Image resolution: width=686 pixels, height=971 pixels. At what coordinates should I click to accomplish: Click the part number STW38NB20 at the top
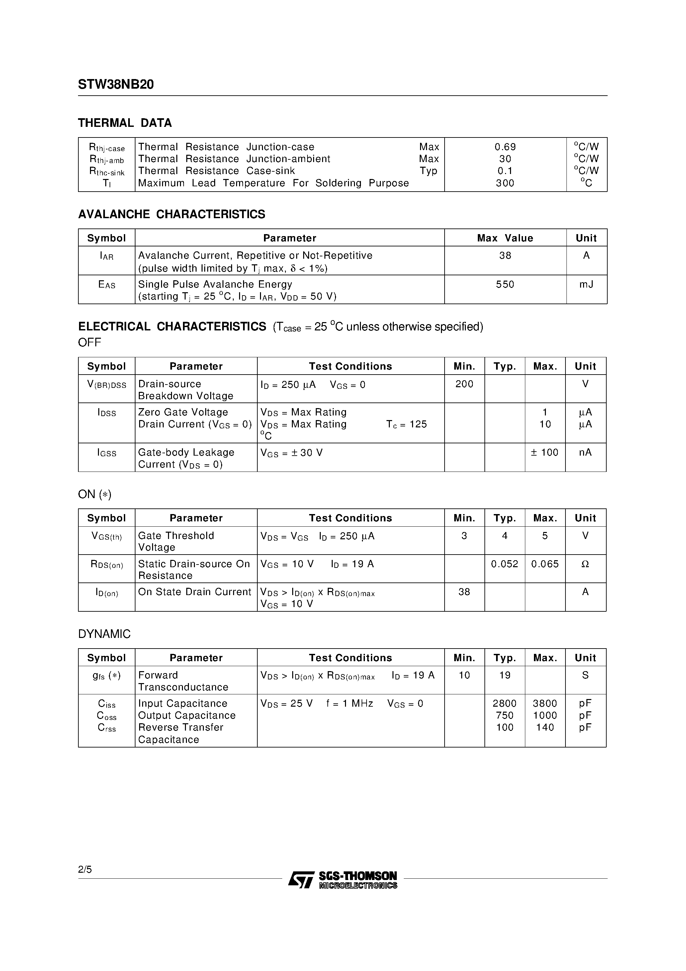(x=116, y=85)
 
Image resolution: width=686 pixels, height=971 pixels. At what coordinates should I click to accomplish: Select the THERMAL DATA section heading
(x=125, y=123)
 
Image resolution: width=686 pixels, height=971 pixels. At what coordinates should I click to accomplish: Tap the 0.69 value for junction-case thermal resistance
(x=505, y=147)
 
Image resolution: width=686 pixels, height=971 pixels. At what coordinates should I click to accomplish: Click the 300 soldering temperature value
(x=505, y=183)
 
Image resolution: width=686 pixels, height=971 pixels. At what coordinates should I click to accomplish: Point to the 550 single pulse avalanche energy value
(x=505, y=284)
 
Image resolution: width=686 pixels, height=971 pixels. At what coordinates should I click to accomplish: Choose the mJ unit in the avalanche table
(x=586, y=284)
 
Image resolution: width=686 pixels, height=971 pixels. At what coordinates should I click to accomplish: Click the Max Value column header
(x=505, y=238)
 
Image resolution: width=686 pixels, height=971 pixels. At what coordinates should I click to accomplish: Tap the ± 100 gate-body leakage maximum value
(x=545, y=453)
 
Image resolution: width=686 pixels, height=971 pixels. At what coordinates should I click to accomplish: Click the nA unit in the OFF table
(x=585, y=453)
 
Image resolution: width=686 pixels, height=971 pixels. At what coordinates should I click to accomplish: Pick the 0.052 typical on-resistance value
(x=505, y=564)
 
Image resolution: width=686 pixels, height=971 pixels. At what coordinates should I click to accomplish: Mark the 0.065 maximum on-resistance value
(x=545, y=564)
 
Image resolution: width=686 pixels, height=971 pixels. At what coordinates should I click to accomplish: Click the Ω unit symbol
(x=585, y=564)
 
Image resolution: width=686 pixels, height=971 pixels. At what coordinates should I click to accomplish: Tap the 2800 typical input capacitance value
(x=505, y=703)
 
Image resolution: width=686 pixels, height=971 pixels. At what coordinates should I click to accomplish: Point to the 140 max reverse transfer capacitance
(x=545, y=727)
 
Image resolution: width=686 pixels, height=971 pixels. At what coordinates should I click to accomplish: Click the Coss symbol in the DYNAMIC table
(x=107, y=716)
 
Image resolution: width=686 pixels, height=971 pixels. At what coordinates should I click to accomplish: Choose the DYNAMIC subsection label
(x=105, y=634)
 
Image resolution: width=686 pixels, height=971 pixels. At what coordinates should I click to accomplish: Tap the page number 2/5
(x=85, y=869)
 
